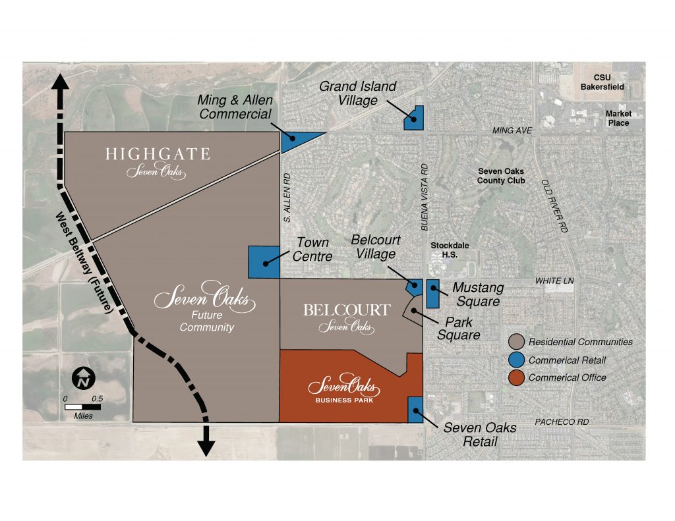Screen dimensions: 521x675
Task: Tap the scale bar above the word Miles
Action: pyautogui.click(x=82, y=407)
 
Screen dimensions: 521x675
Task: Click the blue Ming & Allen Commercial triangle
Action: pyautogui.click(x=295, y=140)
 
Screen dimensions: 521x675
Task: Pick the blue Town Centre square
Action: pyautogui.click(x=264, y=262)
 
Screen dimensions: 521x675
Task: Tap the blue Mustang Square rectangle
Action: pyautogui.click(x=433, y=294)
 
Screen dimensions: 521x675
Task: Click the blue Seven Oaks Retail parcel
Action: pyautogui.click(x=416, y=410)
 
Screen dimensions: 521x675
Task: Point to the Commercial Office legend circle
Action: pyautogui.click(x=517, y=377)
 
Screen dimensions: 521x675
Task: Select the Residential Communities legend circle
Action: pyautogui.click(x=517, y=342)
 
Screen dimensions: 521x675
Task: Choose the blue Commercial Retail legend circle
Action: pyautogui.click(x=517, y=360)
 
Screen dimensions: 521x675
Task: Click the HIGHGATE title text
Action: pyautogui.click(x=158, y=155)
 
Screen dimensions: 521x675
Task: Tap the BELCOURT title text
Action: pyautogui.click(x=347, y=310)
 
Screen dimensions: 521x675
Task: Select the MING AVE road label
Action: pyautogui.click(x=512, y=131)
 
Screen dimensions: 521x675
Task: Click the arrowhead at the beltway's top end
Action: pyautogui.click(x=62, y=83)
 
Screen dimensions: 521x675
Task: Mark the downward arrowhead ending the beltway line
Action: pyautogui.click(x=206, y=447)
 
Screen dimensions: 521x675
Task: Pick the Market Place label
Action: pyautogui.click(x=618, y=119)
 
